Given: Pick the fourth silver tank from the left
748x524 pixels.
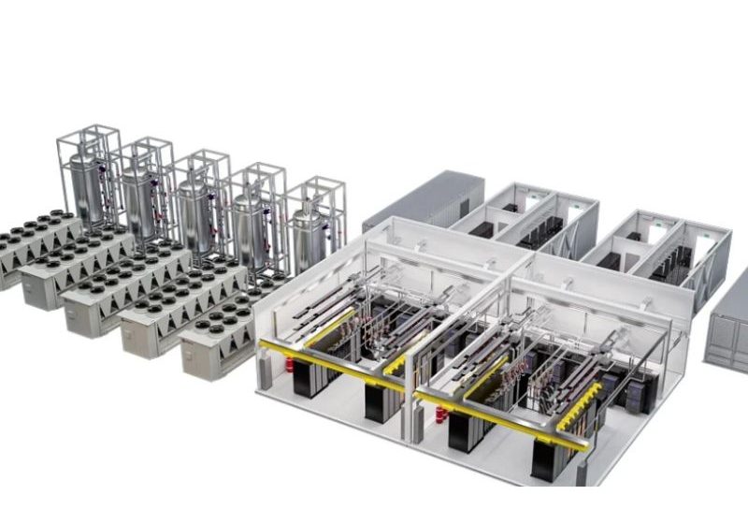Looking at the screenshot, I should pyautogui.click(x=251, y=231).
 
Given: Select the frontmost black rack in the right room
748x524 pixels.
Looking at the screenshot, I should pyautogui.click(x=547, y=463).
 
